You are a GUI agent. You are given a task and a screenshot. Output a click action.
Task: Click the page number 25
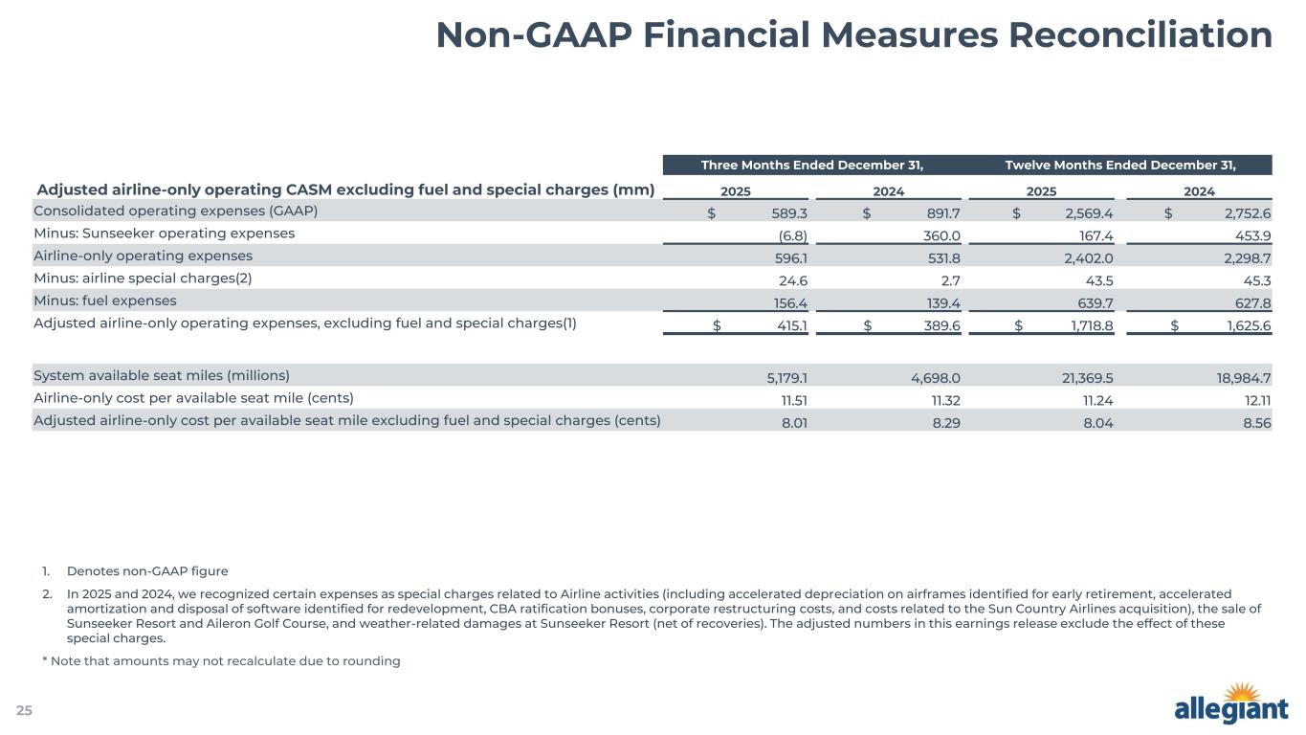pos(24,710)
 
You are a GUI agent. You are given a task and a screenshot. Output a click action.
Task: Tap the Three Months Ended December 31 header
pos(812,165)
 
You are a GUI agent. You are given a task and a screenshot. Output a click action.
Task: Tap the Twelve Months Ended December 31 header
pos(1120,165)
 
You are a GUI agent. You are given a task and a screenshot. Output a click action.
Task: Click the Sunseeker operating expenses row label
pos(164,234)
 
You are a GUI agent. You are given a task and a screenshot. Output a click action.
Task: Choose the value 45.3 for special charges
pos(1253,278)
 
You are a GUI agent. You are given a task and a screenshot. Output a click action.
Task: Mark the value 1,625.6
pos(1245,325)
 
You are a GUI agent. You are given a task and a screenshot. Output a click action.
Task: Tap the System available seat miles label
pos(162,374)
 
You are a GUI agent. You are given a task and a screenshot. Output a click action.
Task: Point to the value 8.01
pos(794,420)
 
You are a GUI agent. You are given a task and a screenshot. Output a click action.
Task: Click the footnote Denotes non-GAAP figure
pos(147,571)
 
